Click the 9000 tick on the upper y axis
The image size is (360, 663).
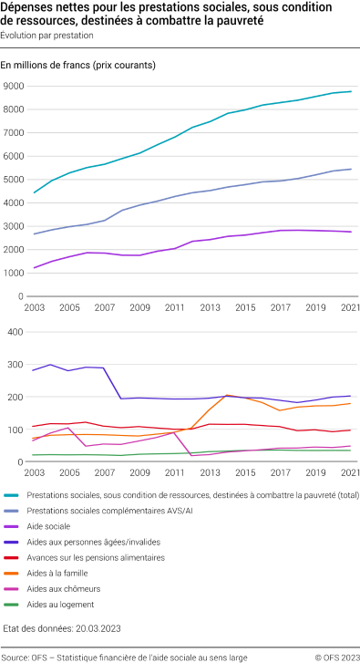pyautogui.click(x=13, y=87)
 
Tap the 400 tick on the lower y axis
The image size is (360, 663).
pyautogui.click(x=15, y=332)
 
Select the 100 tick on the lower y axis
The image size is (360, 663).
pyautogui.click(x=15, y=430)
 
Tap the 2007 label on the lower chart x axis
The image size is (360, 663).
pyautogui.click(x=105, y=474)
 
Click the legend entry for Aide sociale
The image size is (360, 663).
pyautogui.click(x=74, y=525)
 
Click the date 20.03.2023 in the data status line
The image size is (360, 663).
pyautogui.click(x=95, y=628)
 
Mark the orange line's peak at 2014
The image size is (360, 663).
pyautogui.click(x=227, y=396)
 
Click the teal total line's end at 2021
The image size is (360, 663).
pyautogui.click(x=350, y=91)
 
